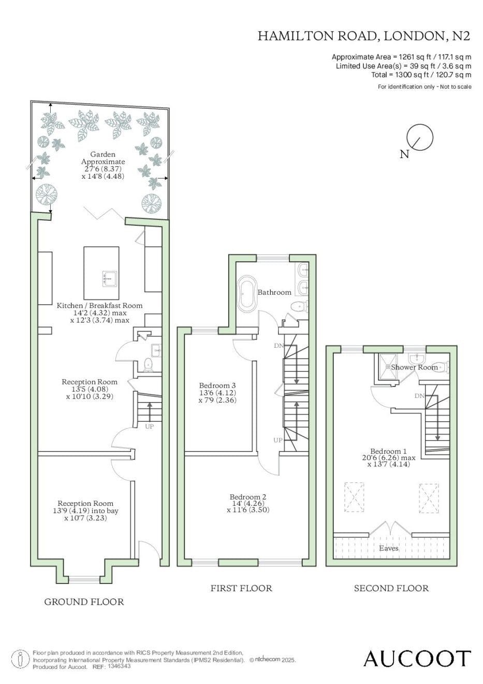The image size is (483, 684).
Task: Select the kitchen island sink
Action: pos(109,279)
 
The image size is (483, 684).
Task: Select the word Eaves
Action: pos(389,548)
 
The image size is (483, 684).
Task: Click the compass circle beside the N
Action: pos(420,137)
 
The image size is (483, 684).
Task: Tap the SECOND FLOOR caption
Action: pos(391,588)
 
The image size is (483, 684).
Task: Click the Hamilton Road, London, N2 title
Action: pos(364,36)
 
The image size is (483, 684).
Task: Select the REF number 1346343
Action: pos(119,666)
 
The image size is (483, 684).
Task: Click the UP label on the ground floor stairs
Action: pos(149,426)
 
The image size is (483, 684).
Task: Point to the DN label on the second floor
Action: pos(419,396)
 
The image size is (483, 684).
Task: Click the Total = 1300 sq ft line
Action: pos(421,75)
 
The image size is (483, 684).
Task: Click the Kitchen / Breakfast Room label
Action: pos(100,305)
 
